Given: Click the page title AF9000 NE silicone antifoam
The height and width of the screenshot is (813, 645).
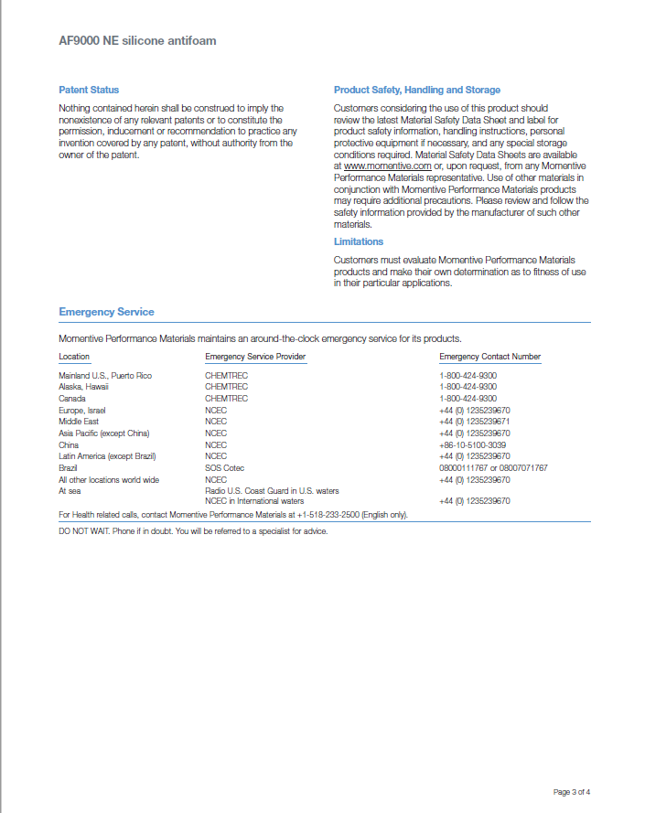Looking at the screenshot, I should [x=137, y=41].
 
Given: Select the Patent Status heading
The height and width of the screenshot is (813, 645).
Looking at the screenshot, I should [x=89, y=90].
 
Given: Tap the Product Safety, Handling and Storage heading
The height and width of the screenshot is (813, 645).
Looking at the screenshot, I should [x=417, y=90].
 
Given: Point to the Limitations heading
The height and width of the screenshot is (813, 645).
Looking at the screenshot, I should [x=359, y=241].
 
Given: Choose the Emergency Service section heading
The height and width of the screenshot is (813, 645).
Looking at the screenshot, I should [x=106, y=312].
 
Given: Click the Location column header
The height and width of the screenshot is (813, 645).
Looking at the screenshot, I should [x=74, y=357].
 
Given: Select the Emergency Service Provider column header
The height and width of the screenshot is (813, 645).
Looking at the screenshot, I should [x=255, y=357].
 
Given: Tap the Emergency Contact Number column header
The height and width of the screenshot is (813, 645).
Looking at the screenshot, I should [x=489, y=357].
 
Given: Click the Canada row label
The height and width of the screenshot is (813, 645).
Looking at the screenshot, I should [x=72, y=399].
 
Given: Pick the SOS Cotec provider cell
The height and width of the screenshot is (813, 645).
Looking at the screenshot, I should [x=225, y=467].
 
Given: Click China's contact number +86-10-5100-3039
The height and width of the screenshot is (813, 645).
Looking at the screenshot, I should [x=472, y=444].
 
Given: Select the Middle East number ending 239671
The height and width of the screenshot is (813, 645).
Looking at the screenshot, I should [x=474, y=422].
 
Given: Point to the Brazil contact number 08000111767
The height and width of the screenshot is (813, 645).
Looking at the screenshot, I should [x=464, y=467].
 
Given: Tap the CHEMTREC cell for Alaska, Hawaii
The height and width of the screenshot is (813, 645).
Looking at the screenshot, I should [x=226, y=387].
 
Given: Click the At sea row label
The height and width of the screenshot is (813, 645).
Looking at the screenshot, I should [x=70, y=490].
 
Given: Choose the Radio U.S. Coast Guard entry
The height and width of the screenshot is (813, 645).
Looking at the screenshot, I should [x=272, y=490].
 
